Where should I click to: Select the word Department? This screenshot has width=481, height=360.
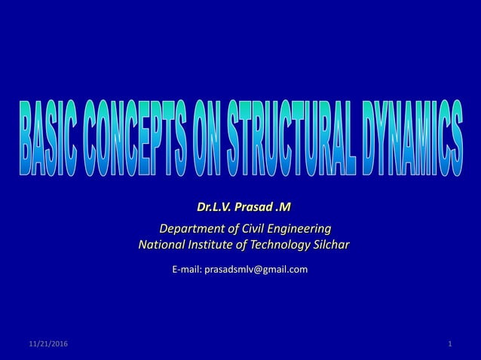[187, 228]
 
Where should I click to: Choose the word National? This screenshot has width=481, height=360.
[162, 244]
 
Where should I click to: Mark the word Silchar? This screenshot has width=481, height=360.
[329, 244]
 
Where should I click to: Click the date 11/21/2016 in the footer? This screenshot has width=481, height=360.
[47, 344]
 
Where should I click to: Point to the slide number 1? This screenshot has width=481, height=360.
[449, 344]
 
